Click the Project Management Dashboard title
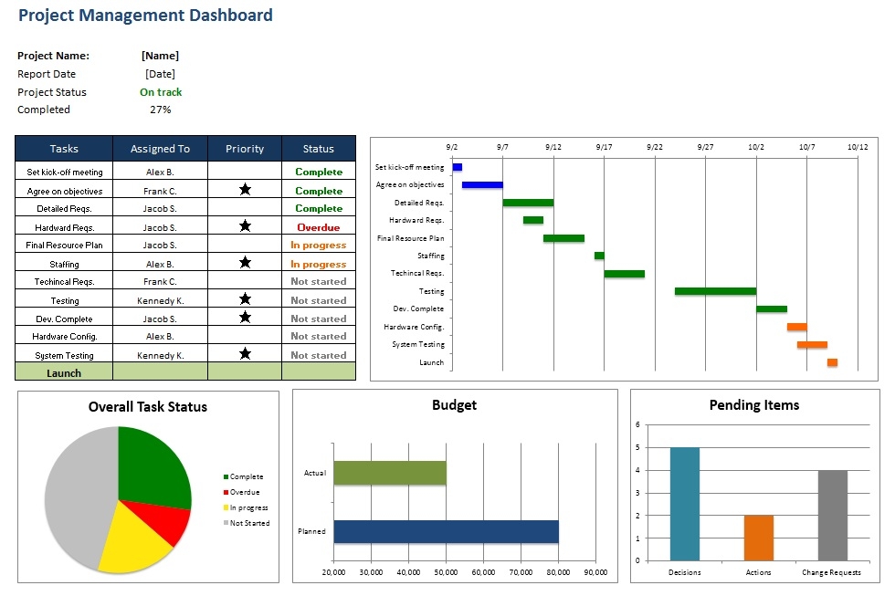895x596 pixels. tap(145, 16)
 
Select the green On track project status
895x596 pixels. tap(161, 92)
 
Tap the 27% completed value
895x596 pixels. tap(160, 110)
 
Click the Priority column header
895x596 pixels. tap(244, 149)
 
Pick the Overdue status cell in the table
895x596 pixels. tap(318, 227)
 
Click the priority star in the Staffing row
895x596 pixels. tap(245, 263)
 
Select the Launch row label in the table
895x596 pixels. tap(64, 372)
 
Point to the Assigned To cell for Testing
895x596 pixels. tap(160, 300)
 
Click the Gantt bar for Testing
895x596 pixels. tap(715, 291)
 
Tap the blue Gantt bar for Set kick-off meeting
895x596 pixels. tap(458, 167)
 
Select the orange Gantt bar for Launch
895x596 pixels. tap(832, 362)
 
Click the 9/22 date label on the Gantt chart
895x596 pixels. tap(654, 146)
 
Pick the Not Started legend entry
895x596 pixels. tap(249, 523)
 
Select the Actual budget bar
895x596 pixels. tap(390, 473)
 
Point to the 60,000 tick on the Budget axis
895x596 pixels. tap(483, 572)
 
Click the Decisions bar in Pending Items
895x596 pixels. tap(685, 503)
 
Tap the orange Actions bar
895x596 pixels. tap(759, 538)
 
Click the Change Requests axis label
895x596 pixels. tap(831, 572)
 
